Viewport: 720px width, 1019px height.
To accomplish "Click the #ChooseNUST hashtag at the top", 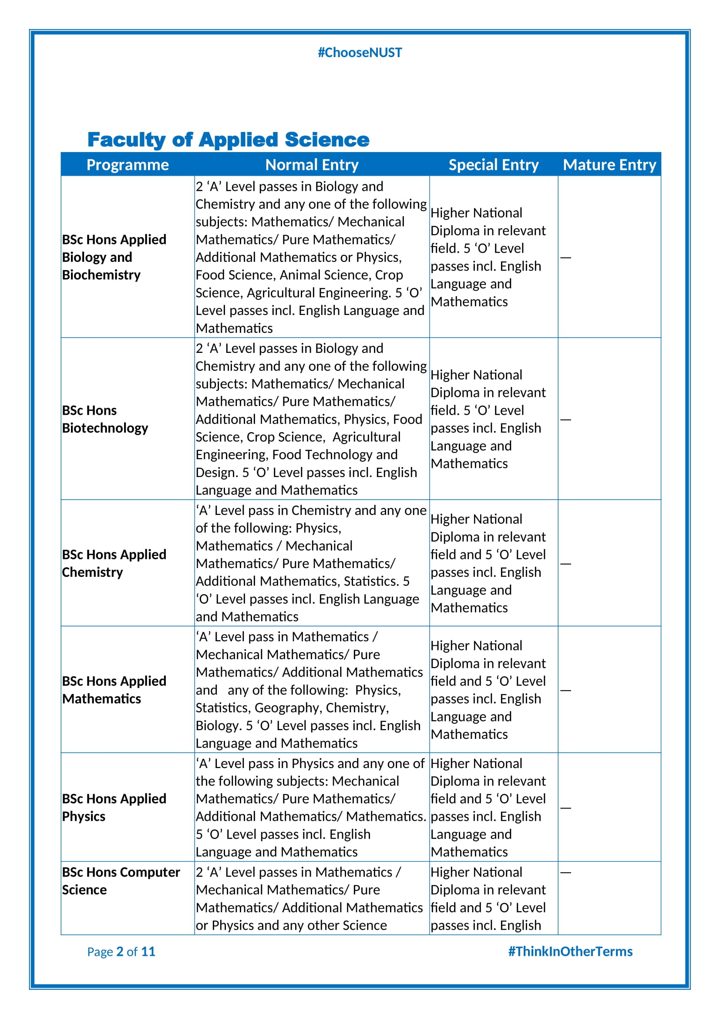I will click(x=360, y=53).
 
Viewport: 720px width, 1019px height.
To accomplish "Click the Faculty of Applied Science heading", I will click(x=229, y=139).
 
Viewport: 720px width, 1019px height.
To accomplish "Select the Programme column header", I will click(x=128, y=165).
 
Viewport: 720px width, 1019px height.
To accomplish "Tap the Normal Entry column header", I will click(x=312, y=165).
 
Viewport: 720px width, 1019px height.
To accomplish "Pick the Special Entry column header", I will click(x=494, y=165).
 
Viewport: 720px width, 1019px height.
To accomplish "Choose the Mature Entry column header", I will click(x=609, y=165).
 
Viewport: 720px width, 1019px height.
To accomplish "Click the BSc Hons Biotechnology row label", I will click(x=105, y=419).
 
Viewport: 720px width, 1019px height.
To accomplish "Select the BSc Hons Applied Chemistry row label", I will click(x=114, y=563).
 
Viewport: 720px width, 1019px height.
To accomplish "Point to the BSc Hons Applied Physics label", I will click(x=114, y=807).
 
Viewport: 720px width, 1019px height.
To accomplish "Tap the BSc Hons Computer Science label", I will click(x=121, y=881).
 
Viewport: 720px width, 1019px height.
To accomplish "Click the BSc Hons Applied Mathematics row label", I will click(x=114, y=690).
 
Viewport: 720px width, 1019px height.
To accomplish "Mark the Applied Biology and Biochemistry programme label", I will click(x=114, y=257).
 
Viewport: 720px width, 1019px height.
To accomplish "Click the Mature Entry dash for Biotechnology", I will click(x=566, y=420).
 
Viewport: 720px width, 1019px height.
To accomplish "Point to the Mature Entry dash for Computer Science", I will click(x=566, y=873).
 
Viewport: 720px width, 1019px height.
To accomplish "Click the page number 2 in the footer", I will click(x=120, y=951).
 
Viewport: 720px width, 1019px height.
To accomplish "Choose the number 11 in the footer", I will click(x=148, y=951).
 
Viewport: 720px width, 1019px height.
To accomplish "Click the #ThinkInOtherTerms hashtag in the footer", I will click(x=570, y=951).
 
